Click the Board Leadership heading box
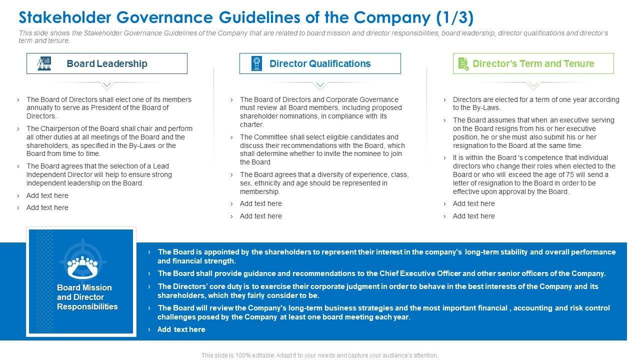click(106, 63)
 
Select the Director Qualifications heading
click(320, 63)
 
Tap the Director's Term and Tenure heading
click(533, 63)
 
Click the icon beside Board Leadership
click(44, 63)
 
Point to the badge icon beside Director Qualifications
click(257, 63)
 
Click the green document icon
click(463, 63)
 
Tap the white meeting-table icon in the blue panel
click(82, 266)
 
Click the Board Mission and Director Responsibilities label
click(87, 297)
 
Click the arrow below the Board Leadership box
click(107, 85)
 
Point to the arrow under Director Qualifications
click(320, 85)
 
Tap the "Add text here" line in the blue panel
click(181, 329)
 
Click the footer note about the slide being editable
click(320, 355)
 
